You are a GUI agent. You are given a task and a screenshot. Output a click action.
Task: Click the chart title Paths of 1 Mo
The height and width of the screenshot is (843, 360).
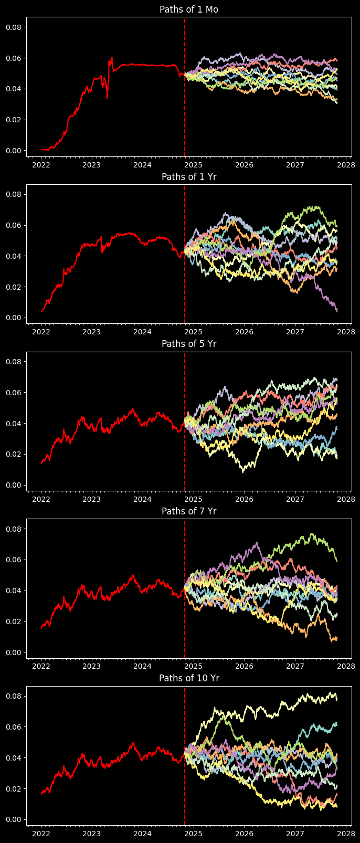point(189,9)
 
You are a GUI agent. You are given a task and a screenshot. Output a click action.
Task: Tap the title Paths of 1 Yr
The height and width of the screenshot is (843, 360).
point(189,177)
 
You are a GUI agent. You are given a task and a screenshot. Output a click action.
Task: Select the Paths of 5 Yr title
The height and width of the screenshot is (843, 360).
point(189,344)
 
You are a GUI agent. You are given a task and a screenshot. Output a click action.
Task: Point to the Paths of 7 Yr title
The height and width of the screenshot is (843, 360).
point(189,511)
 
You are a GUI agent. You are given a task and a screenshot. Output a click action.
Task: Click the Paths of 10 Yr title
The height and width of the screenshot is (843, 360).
point(189,678)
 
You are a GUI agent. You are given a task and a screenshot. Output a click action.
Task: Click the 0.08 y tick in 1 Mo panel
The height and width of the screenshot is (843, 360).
point(13,27)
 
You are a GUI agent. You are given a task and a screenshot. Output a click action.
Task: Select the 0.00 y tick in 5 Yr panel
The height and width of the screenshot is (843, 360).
point(13,485)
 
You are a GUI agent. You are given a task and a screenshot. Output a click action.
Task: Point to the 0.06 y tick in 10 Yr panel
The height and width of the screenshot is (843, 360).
point(13,727)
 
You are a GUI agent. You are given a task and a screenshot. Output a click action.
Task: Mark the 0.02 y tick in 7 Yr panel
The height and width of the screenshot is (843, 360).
point(13,621)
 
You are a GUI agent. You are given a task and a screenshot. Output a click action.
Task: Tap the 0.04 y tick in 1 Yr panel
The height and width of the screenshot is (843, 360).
point(13,256)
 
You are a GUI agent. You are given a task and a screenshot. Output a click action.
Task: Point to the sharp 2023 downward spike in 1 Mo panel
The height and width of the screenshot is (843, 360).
point(107,98)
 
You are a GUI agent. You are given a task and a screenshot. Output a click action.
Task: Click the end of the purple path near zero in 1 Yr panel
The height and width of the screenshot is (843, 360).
point(336,311)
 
